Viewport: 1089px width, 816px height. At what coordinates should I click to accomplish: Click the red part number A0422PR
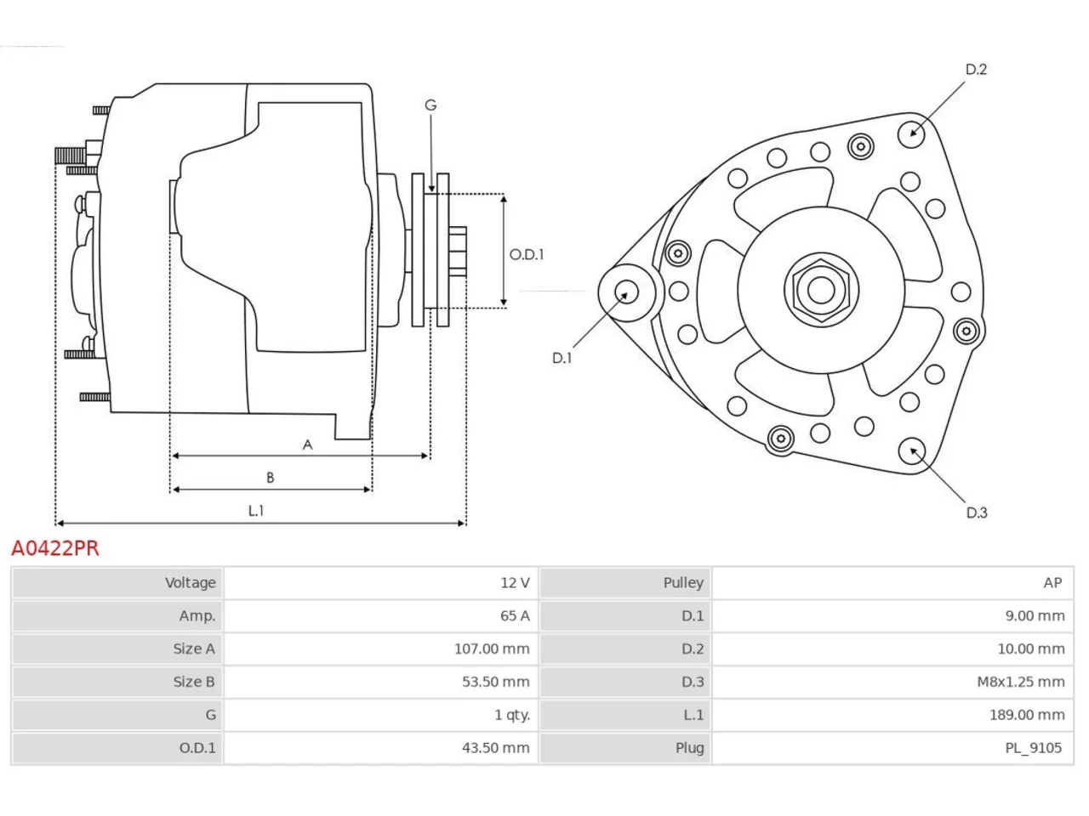click(55, 548)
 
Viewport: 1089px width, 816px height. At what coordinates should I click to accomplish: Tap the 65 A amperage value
click(515, 616)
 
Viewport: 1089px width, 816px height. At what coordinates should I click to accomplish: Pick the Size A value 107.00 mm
click(492, 649)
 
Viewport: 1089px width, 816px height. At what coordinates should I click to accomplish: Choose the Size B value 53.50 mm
click(496, 682)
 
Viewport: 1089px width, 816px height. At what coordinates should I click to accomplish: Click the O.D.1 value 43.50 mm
click(496, 748)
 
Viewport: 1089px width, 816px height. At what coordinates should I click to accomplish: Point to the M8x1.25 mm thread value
click(1021, 682)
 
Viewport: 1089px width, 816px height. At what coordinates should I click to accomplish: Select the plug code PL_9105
click(1033, 748)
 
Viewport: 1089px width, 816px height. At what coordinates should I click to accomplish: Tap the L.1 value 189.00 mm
click(1027, 715)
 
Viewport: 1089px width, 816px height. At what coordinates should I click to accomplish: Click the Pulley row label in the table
click(683, 582)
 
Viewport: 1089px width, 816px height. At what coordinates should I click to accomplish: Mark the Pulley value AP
click(1052, 582)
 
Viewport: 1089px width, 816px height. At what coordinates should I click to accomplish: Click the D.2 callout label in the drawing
click(976, 70)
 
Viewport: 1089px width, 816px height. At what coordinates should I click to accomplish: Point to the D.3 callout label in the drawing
click(977, 513)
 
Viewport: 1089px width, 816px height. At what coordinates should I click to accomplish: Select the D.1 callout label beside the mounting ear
click(562, 358)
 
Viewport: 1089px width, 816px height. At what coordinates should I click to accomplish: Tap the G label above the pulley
click(430, 105)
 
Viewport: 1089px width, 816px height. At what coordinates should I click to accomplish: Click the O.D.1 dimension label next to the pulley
click(527, 255)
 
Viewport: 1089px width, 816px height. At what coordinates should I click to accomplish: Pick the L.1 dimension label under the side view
click(256, 511)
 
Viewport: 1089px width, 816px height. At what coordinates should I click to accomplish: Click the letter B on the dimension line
click(270, 478)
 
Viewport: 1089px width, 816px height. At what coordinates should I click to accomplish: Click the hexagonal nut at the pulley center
click(821, 291)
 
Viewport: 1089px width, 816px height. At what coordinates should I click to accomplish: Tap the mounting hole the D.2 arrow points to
click(911, 134)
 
